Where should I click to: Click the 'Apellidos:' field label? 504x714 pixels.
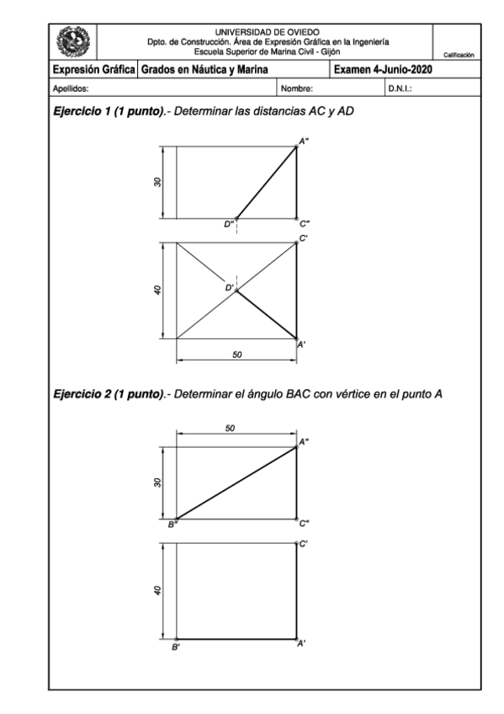tap(71, 87)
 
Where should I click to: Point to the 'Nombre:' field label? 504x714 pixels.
tap(296, 87)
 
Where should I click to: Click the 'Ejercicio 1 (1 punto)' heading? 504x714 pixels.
tap(105, 111)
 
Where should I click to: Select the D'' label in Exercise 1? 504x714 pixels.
tap(229, 224)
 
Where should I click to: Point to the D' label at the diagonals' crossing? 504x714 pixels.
tap(228, 288)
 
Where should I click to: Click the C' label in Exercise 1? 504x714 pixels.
tap(304, 239)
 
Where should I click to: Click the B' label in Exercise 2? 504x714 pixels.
tap(175, 647)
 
